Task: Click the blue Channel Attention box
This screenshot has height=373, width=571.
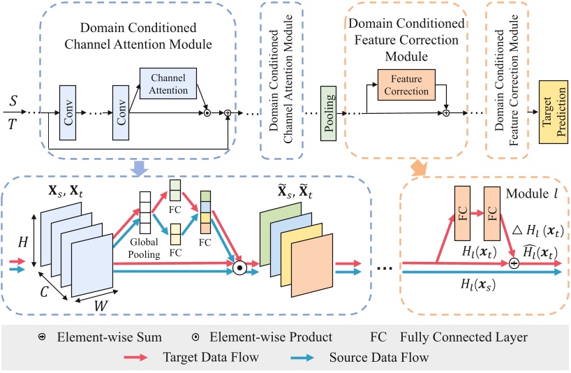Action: point(169,85)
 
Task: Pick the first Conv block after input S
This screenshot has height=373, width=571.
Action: point(68,112)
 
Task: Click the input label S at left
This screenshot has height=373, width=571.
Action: point(13,102)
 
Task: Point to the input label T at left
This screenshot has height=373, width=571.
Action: point(13,124)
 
